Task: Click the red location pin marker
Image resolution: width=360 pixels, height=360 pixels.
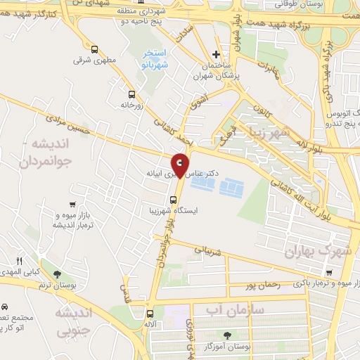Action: tap(181, 164)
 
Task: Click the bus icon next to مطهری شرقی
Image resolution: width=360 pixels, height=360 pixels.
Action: tap(95, 49)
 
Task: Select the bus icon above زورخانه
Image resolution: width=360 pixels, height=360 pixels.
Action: tap(130, 93)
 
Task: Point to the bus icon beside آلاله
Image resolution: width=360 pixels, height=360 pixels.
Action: tap(149, 314)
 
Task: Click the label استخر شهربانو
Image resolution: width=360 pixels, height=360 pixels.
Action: tap(153, 58)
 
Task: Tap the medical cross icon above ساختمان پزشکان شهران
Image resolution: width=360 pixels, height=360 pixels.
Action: tap(217, 54)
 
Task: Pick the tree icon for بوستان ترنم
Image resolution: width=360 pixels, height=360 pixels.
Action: tap(56, 274)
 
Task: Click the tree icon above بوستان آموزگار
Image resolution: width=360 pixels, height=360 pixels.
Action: tap(226, 335)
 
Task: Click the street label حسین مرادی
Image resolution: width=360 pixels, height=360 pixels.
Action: tap(70, 125)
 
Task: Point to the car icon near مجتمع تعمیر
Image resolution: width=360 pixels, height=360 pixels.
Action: tap(5, 307)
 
